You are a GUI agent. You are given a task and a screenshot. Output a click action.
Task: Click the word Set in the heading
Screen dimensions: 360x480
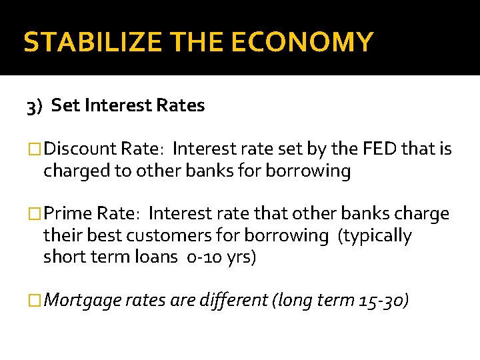point(65,105)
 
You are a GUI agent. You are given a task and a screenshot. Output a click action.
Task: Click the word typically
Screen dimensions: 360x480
point(379,235)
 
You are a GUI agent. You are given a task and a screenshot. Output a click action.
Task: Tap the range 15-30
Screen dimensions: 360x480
point(379,301)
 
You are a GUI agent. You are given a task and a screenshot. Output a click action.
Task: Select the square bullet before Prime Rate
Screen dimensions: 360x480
point(35,214)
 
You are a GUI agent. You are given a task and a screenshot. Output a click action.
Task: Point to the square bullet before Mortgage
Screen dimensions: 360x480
point(35,301)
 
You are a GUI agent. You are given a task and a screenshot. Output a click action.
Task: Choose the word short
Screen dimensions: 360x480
point(63,257)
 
